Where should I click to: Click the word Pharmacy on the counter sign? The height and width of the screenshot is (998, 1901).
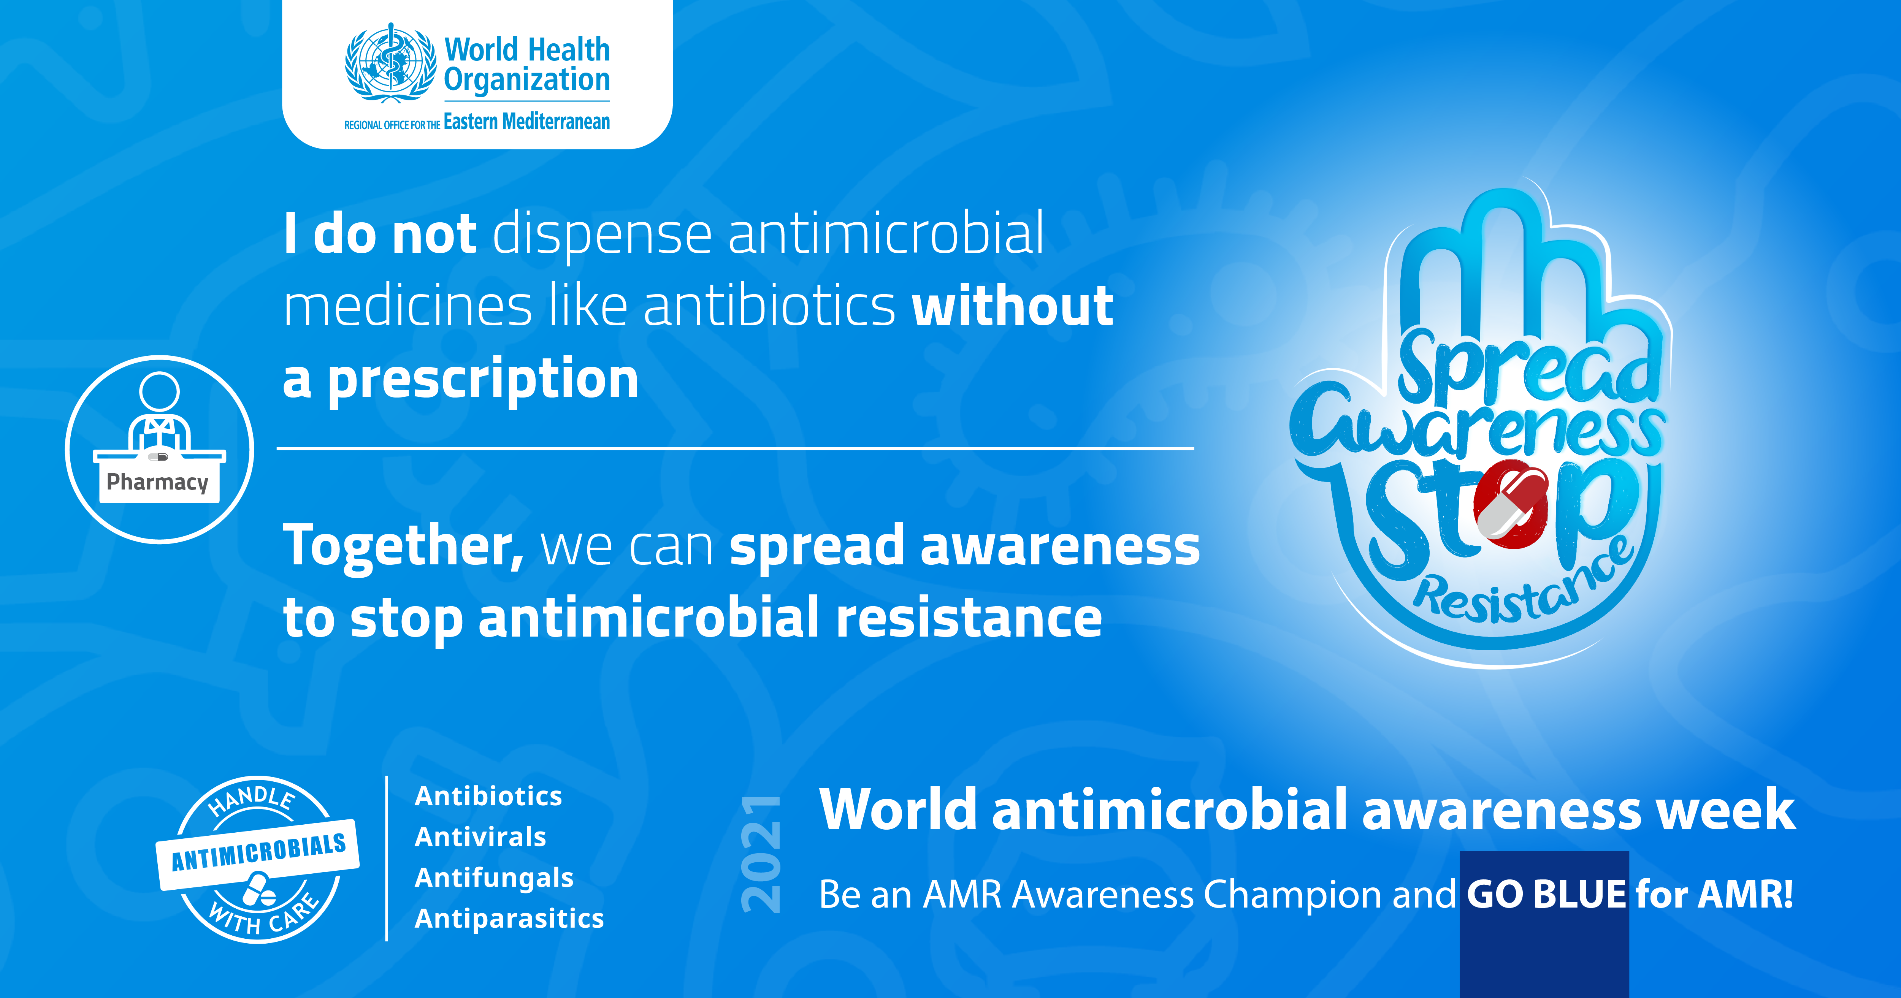pos(158,482)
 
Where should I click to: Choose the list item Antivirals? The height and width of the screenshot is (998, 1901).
pos(480,837)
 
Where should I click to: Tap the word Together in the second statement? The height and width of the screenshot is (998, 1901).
pos(404,546)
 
